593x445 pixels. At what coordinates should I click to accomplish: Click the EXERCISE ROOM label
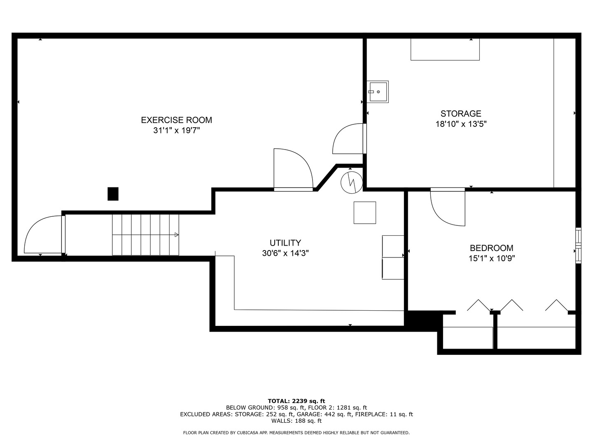point(176,120)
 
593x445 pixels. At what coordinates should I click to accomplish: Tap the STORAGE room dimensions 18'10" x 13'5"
point(461,124)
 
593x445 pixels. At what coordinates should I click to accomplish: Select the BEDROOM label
point(491,248)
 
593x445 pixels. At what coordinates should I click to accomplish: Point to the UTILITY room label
point(285,243)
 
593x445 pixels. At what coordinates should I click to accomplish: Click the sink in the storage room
point(378,91)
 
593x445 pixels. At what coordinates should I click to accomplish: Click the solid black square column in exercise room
point(113,194)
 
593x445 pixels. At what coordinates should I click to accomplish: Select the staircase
point(145,234)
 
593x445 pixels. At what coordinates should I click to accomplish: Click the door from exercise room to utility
point(293,170)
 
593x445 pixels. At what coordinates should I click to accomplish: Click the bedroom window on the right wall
point(578,245)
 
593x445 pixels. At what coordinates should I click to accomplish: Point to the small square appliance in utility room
point(364,213)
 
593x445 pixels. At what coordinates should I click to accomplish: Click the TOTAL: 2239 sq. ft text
point(296,401)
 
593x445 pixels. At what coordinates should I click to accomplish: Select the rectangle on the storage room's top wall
point(445,49)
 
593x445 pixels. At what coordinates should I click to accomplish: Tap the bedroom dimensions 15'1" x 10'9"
point(491,258)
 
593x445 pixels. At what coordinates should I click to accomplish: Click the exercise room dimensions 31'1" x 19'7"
point(176,131)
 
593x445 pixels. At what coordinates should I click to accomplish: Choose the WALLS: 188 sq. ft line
point(296,421)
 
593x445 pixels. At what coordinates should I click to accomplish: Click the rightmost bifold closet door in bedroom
point(556,304)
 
